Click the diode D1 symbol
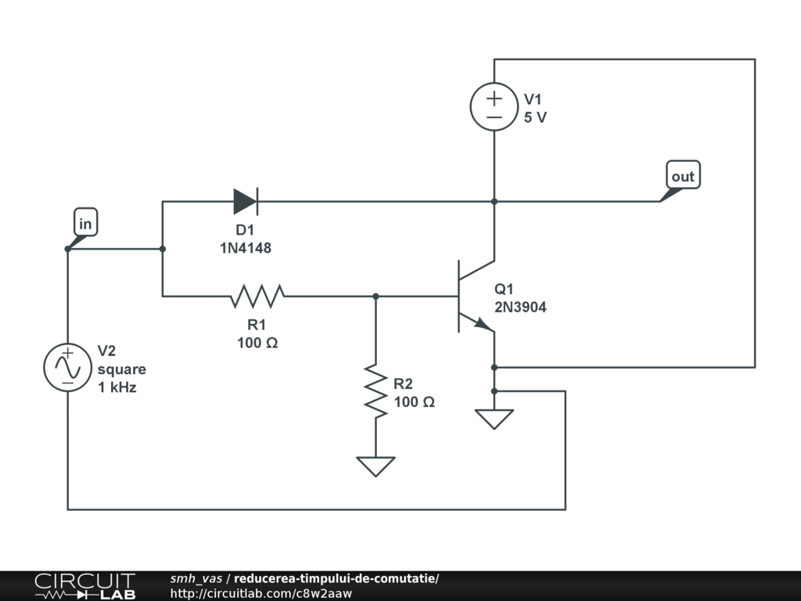pos(246,201)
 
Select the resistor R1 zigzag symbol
pos(257,296)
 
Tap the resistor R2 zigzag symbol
pos(375,391)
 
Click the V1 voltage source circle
pos(494,106)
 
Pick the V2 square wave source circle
pos(67,368)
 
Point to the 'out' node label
pos(683,175)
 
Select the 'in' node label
pos(85,222)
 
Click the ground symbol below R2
pos(375,466)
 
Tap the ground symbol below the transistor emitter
pos(494,419)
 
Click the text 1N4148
pos(246,248)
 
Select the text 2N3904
pos(520,307)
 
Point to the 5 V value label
pos(535,117)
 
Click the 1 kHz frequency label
pos(117,387)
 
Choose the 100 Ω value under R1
pos(257,343)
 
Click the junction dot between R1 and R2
pos(375,296)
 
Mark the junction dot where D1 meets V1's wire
pos(494,201)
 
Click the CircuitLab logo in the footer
pos(84,586)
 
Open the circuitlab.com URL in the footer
pos(261,593)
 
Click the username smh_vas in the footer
pos(196,578)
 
